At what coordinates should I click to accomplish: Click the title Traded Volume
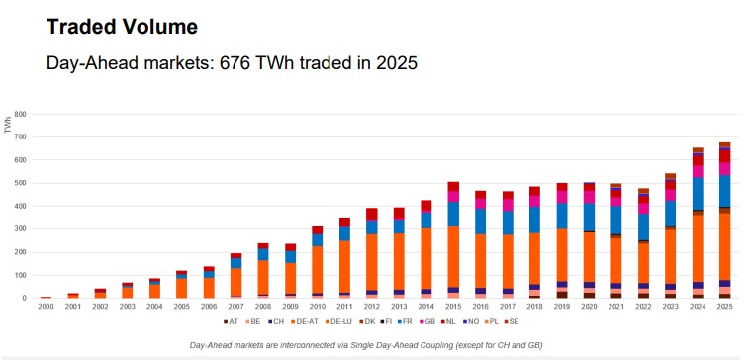(x=122, y=27)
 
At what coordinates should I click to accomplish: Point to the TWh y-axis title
(x=8, y=125)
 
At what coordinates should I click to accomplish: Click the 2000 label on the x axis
(x=47, y=307)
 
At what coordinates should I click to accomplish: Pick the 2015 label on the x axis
(x=452, y=307)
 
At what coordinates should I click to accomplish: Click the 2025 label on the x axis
(x=724, y=307)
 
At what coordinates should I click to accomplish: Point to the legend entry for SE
(x=513, y=322)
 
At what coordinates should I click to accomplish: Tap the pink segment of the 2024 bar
(x=698, y=171)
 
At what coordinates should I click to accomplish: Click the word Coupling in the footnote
(x=439, y=343)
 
